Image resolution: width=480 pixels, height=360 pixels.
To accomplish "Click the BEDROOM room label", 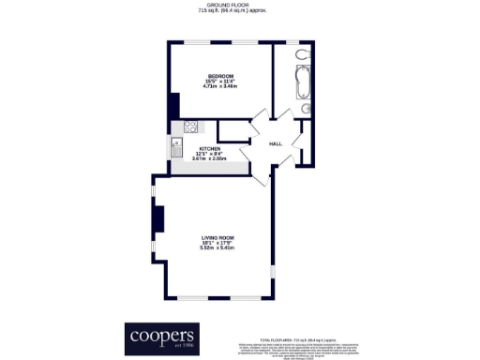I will pos(220,75).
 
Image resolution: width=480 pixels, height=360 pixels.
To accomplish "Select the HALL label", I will pos(276,144).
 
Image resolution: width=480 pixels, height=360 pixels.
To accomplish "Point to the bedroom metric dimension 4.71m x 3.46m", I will pos(220,86).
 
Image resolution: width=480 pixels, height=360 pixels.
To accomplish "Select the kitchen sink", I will pos(175,146).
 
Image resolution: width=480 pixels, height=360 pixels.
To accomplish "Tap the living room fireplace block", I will pos(158,220).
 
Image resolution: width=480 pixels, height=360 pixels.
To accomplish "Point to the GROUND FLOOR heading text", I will pos(240,6).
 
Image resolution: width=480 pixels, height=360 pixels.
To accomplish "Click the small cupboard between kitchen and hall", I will pos(232,130).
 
